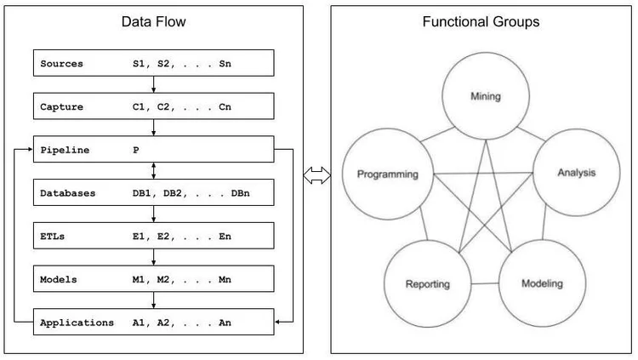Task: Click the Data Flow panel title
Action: (153, 22)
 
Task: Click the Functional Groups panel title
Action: (481, 22)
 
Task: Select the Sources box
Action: (153, 63)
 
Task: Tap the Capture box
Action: (153, 106)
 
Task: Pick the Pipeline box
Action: (153, 150)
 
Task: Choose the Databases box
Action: (153, 193)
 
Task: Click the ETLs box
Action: (153, 236)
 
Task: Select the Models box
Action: (153, 279)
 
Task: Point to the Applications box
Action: (153, 323)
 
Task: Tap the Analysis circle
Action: (576, 173)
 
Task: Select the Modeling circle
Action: (541, 282)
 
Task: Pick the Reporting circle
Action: (427, 283)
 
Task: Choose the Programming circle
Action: (387, 174)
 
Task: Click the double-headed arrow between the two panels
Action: (316, 176)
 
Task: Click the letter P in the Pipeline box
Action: (135, 150)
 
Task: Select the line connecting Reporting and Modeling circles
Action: (484, 283)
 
